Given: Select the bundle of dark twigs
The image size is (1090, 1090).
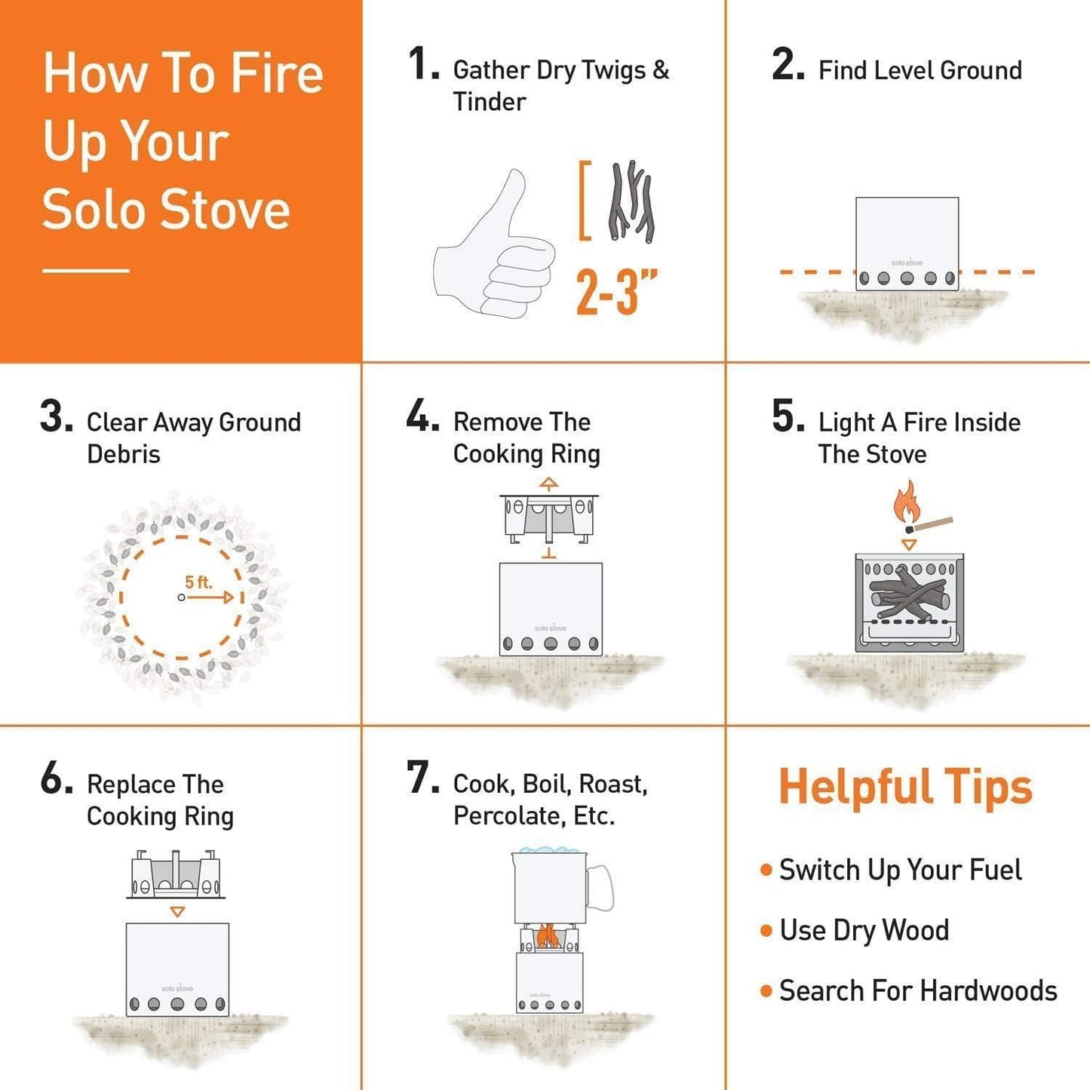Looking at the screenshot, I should (631, 201).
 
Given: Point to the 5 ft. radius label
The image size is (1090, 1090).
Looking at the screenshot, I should (198, 582).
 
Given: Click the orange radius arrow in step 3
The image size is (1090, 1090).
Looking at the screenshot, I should (211, 597).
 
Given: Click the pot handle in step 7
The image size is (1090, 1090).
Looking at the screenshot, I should (601, 887).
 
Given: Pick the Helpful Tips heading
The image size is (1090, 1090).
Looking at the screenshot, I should (905, 787).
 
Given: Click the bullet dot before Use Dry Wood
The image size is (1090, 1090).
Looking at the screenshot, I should (766, 931).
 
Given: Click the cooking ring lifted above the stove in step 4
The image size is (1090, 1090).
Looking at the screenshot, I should (549, 515).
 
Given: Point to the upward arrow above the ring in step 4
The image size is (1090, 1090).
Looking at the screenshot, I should (549, 484).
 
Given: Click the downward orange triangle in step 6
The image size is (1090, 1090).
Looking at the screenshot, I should (177, 912).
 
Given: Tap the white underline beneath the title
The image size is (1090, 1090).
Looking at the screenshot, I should (86, 270).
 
